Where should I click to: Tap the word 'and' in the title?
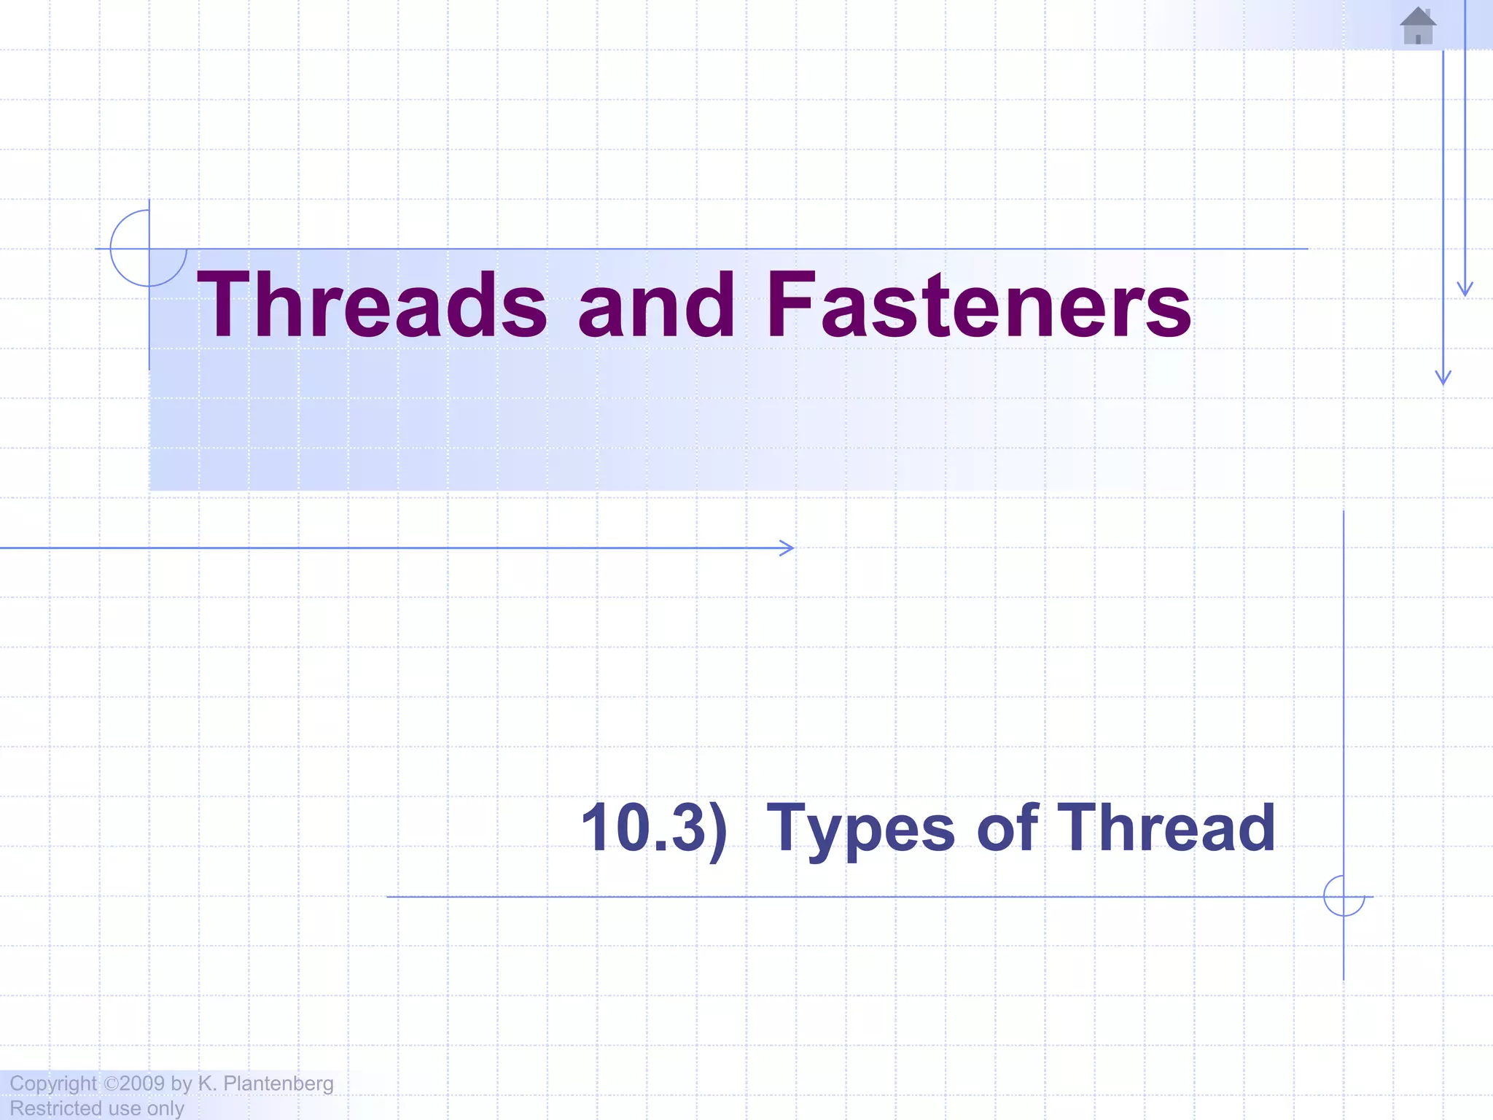tap(656, 305)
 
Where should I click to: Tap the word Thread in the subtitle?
tap(1166, 828)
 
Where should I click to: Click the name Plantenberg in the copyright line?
tap(278, 1084)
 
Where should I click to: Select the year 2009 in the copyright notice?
tap(143, 1084)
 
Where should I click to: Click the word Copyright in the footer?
tap(52, 1084)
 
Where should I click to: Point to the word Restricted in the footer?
tap(55, 1108)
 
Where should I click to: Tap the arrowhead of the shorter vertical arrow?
tap(1465, 291)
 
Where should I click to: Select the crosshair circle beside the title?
tap(149, 249)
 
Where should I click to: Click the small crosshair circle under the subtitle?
tap(1344, 896)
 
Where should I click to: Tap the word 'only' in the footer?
tap(165, 1108)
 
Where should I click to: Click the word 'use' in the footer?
tap(124, 1108)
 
